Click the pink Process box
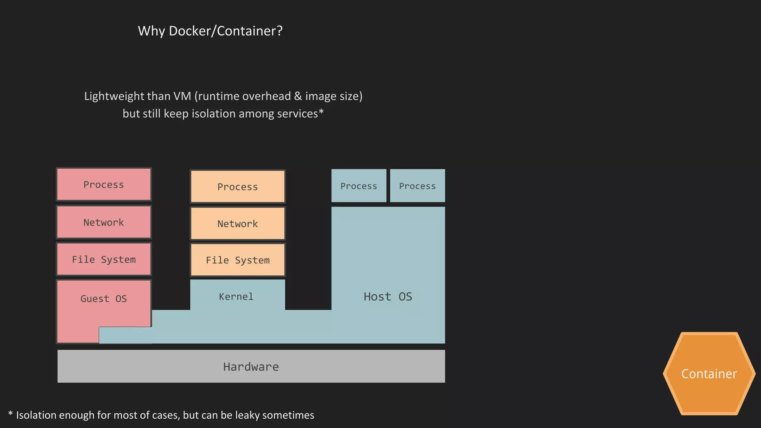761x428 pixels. (104, 185)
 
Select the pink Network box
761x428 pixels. (104, 222)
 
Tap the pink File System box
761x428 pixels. (104, 259)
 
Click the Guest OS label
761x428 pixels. (104, 299)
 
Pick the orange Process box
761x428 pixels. (237, 187)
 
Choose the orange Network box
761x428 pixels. (237, 224)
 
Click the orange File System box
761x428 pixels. (237, 260)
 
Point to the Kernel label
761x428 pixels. (236, 296)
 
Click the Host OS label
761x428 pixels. (388, 296)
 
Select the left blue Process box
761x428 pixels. (359, 186)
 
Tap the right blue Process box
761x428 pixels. (417, 186)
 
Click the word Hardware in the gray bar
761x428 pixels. (251, 367)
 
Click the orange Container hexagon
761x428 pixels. (709, 374)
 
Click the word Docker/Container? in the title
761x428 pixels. (226, 31)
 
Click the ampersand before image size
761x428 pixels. (298, 96)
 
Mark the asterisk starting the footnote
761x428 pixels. (10, 414)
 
